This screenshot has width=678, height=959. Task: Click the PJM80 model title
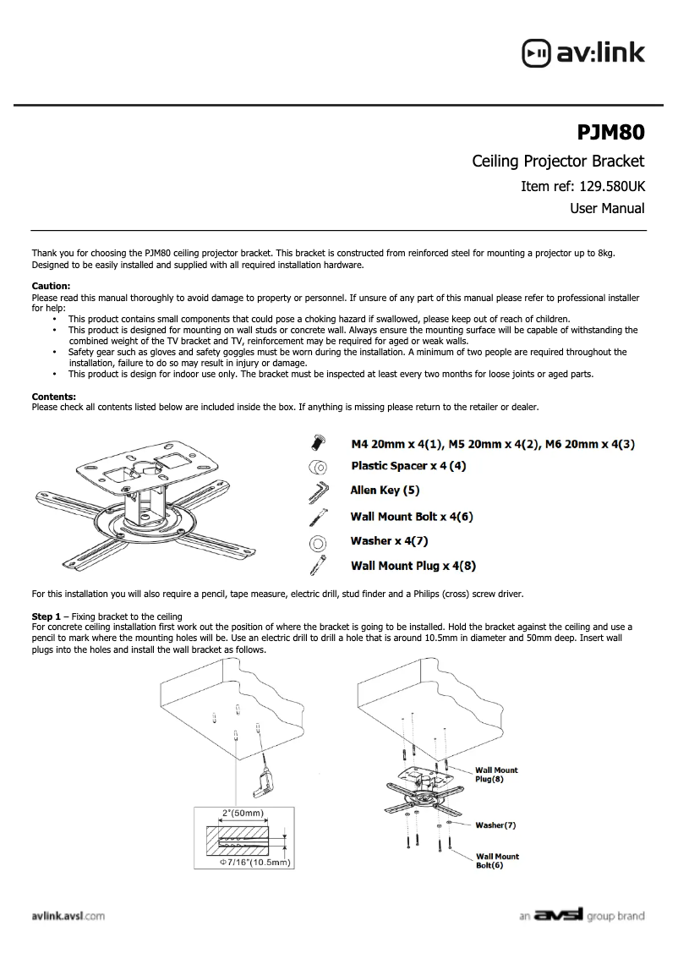pyautogui.click(x=610, y=132)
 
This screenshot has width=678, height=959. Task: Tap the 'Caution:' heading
pyautogui.click(x=51, y=286)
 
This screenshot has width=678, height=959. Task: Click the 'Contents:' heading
pyautogui.click(x=53, y=396)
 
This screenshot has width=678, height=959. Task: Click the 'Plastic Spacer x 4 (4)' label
pyautogui.click(x=408, y=466)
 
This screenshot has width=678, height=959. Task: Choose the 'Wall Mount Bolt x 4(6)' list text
pyautogui.click(x=412, y=516)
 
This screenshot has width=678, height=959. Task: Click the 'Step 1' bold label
pyautogui.click(x=46, y=615)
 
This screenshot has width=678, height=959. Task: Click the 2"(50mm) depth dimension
pyautogui.click(x=243, y=814)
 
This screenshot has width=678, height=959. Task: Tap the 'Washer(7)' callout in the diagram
pyautogui.click(x=495, y=824)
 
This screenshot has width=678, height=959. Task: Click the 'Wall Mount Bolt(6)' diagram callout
pyautogui.click(x=497, y=861)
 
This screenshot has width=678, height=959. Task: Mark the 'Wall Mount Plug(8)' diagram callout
pyautogui.click(x=496, y=774)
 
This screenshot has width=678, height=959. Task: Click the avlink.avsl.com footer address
pyautogui.click(x=68, y=916)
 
